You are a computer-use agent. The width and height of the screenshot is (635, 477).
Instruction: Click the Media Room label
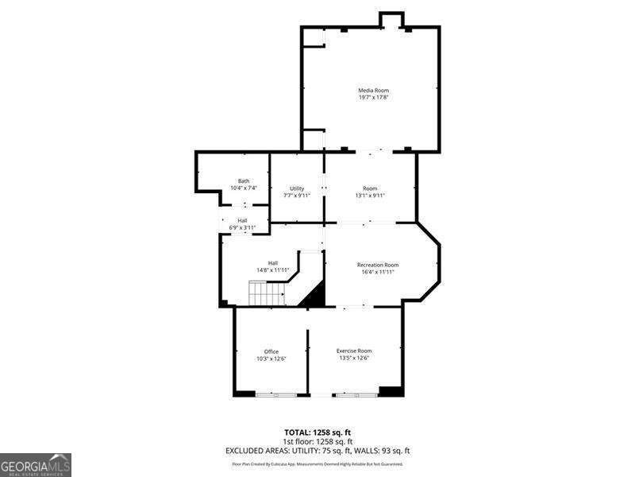[373, 91]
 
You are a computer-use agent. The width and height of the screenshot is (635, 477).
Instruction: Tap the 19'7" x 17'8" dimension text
[373, 99]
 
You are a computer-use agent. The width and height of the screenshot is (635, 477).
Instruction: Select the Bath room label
[244, 181]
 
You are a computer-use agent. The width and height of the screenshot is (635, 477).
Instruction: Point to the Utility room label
[297, 188]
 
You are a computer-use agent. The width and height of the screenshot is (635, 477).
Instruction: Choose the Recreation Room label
[378, 265]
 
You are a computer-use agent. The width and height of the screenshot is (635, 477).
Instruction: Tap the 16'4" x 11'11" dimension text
[378, 272]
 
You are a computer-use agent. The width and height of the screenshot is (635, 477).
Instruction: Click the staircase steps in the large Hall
[267, 296]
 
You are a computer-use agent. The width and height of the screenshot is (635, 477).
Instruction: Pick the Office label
[271, 351]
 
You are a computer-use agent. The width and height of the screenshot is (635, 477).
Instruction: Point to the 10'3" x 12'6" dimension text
[271, 359]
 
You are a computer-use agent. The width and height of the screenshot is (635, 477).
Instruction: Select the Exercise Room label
[354, 351]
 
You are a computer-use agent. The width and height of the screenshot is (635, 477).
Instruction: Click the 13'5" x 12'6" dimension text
[354, 359]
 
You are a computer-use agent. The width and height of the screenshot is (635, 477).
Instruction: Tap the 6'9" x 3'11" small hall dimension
[241, 227]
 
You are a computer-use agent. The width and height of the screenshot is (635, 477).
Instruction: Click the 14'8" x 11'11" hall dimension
[272, 270]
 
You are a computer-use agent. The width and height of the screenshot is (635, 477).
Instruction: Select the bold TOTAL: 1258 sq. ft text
[317, 432]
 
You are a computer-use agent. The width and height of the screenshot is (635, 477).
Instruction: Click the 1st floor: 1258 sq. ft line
[317, 441]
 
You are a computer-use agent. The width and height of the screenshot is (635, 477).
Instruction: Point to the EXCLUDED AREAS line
[317, 451]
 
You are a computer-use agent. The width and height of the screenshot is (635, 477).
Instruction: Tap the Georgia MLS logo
[36, 464]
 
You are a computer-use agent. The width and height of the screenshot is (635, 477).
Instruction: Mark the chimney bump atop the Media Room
[391, 20]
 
